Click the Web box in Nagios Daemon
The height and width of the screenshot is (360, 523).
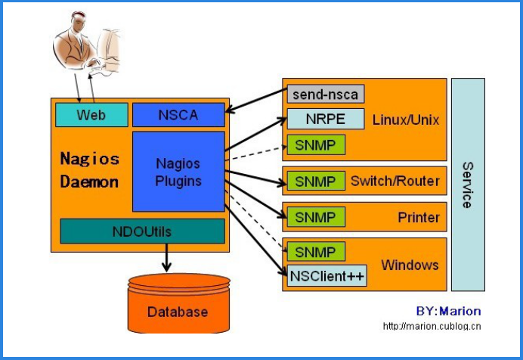[x=91, y=115]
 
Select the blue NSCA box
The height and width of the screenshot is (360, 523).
[x=178, y=115]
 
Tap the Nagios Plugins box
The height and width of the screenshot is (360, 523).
[x=178, y=172]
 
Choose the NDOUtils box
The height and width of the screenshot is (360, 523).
[x=142, y=231]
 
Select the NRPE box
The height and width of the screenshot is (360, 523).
[x=326, y=119]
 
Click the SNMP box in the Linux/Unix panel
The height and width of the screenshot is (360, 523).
[x=315, y=144]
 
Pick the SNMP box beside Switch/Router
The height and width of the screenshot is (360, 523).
[x=315, y=182]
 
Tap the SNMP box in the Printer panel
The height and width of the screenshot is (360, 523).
[x=315, y=217]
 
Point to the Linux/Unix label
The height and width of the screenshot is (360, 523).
[x=405, y=119]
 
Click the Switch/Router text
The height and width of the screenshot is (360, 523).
[x=395, y=182]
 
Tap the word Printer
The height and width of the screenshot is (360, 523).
[x=419, y=218]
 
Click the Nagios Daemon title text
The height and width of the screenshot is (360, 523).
[x=89, y=170]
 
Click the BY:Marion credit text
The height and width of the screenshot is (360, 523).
[x=448, y=311]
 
